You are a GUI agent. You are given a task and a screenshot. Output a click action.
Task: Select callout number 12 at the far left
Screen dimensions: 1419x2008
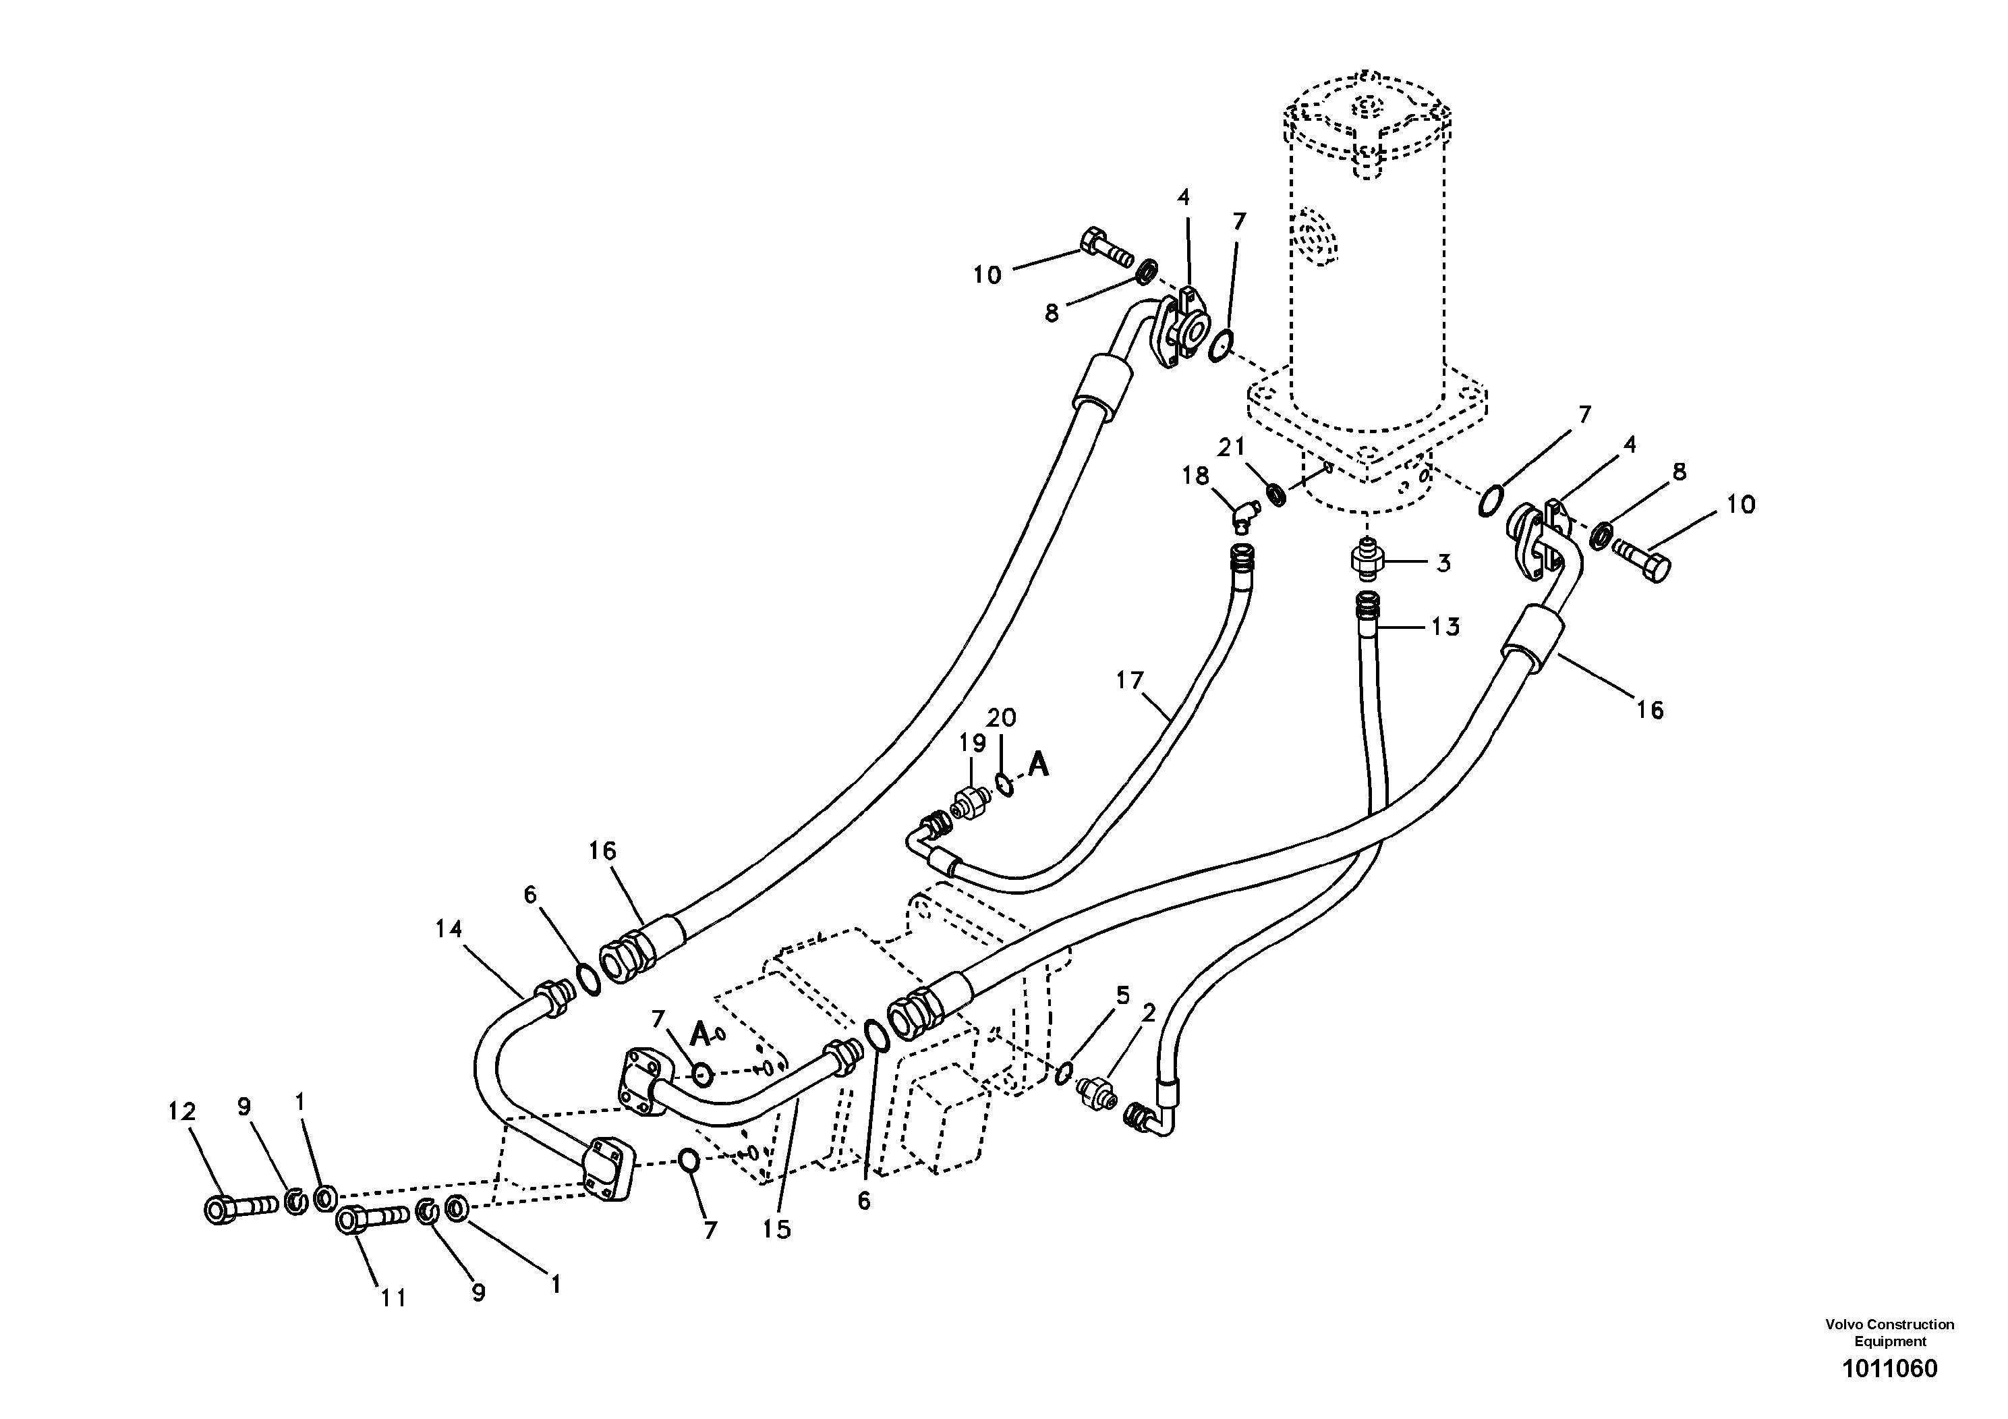pyautogui.click(x=182, y=1112)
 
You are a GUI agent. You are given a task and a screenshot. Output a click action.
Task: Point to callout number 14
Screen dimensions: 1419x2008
pyautogui.click(x=449, y=928)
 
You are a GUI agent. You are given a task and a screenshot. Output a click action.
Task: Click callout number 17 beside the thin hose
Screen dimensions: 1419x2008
pyautogui.click(x=1130, y=679)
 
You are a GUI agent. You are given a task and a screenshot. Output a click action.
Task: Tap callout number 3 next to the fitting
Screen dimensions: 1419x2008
pyautogui.click(x=1443, y=563)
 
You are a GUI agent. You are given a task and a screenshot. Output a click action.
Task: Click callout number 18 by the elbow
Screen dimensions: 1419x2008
pyautogui.click(x=1195, y=476)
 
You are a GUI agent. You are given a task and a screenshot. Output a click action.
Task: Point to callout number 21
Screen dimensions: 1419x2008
pyautogui.click(x=1232, y=447)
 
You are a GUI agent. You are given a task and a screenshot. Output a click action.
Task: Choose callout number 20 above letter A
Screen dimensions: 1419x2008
pyautogui.click(x=1002, y=718)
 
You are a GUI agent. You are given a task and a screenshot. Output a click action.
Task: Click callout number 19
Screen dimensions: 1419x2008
pyautogui.click(x=972, y=743)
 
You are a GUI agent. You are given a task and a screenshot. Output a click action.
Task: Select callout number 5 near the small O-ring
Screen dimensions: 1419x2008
pyautogui.click(x=1123, y=995)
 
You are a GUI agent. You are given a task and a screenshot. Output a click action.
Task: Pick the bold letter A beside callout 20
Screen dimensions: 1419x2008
pyautogui.click(x=1038, y=765)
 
